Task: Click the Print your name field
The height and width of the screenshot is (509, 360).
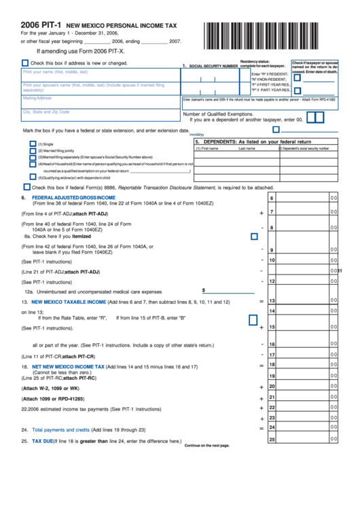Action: tap(100, 75)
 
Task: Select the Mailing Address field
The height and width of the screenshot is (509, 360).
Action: tap(100, 101)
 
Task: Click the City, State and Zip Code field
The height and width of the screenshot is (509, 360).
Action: tap(100, 115)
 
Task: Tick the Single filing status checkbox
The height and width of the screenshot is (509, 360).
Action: tap(33, 144)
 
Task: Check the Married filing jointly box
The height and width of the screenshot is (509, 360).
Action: tap(33, 151)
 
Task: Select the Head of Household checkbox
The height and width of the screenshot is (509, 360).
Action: tap(33, 164)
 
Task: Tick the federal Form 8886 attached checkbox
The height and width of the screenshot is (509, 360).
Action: tap(26, 187)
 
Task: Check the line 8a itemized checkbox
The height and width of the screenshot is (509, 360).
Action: tap(254, 236)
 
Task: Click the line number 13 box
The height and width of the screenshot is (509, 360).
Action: tap(272, 300)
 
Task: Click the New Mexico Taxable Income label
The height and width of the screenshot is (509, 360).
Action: tap(69, 301)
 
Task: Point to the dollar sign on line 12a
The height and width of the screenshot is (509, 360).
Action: tap(203, 289)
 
